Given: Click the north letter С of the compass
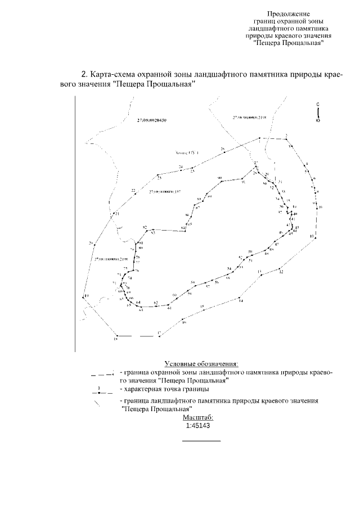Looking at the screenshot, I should [318, 104].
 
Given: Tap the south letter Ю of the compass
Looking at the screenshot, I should [318, 121].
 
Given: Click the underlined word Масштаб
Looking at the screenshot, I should [198, 417].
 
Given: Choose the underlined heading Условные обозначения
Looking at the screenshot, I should [201, 364].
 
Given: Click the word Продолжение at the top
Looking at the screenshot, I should [288, 13].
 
